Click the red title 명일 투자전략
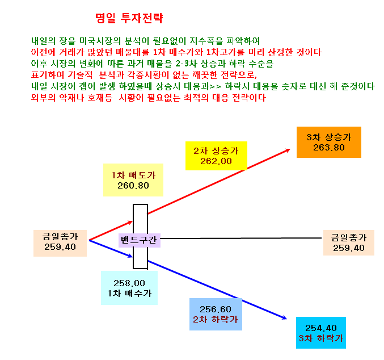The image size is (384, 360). [x=129, y=18]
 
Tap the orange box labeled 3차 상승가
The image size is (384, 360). [x=328, y=142]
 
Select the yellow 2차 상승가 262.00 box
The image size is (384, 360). [x=216, y=156]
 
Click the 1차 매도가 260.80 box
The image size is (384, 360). [x=133, y=180]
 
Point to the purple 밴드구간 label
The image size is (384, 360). [x=140, y=240]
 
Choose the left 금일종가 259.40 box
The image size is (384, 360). [x=60, y=243]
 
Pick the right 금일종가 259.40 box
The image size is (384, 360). [x=349, y=243]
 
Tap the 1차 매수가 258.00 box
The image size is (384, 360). [x=129, y=288]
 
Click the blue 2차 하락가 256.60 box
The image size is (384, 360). [x=216, y=315]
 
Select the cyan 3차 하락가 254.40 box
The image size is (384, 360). [x=321, y=333]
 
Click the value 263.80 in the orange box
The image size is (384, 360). [x=329, y=148]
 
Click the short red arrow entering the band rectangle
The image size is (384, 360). [x=111, y=231]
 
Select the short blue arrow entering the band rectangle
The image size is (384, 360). [x=111, y=249]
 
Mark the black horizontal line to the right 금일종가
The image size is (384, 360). [x=240, y=238]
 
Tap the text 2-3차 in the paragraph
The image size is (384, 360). [x=187, y=64]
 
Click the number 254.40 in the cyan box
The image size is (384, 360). [x=321, y=328]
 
